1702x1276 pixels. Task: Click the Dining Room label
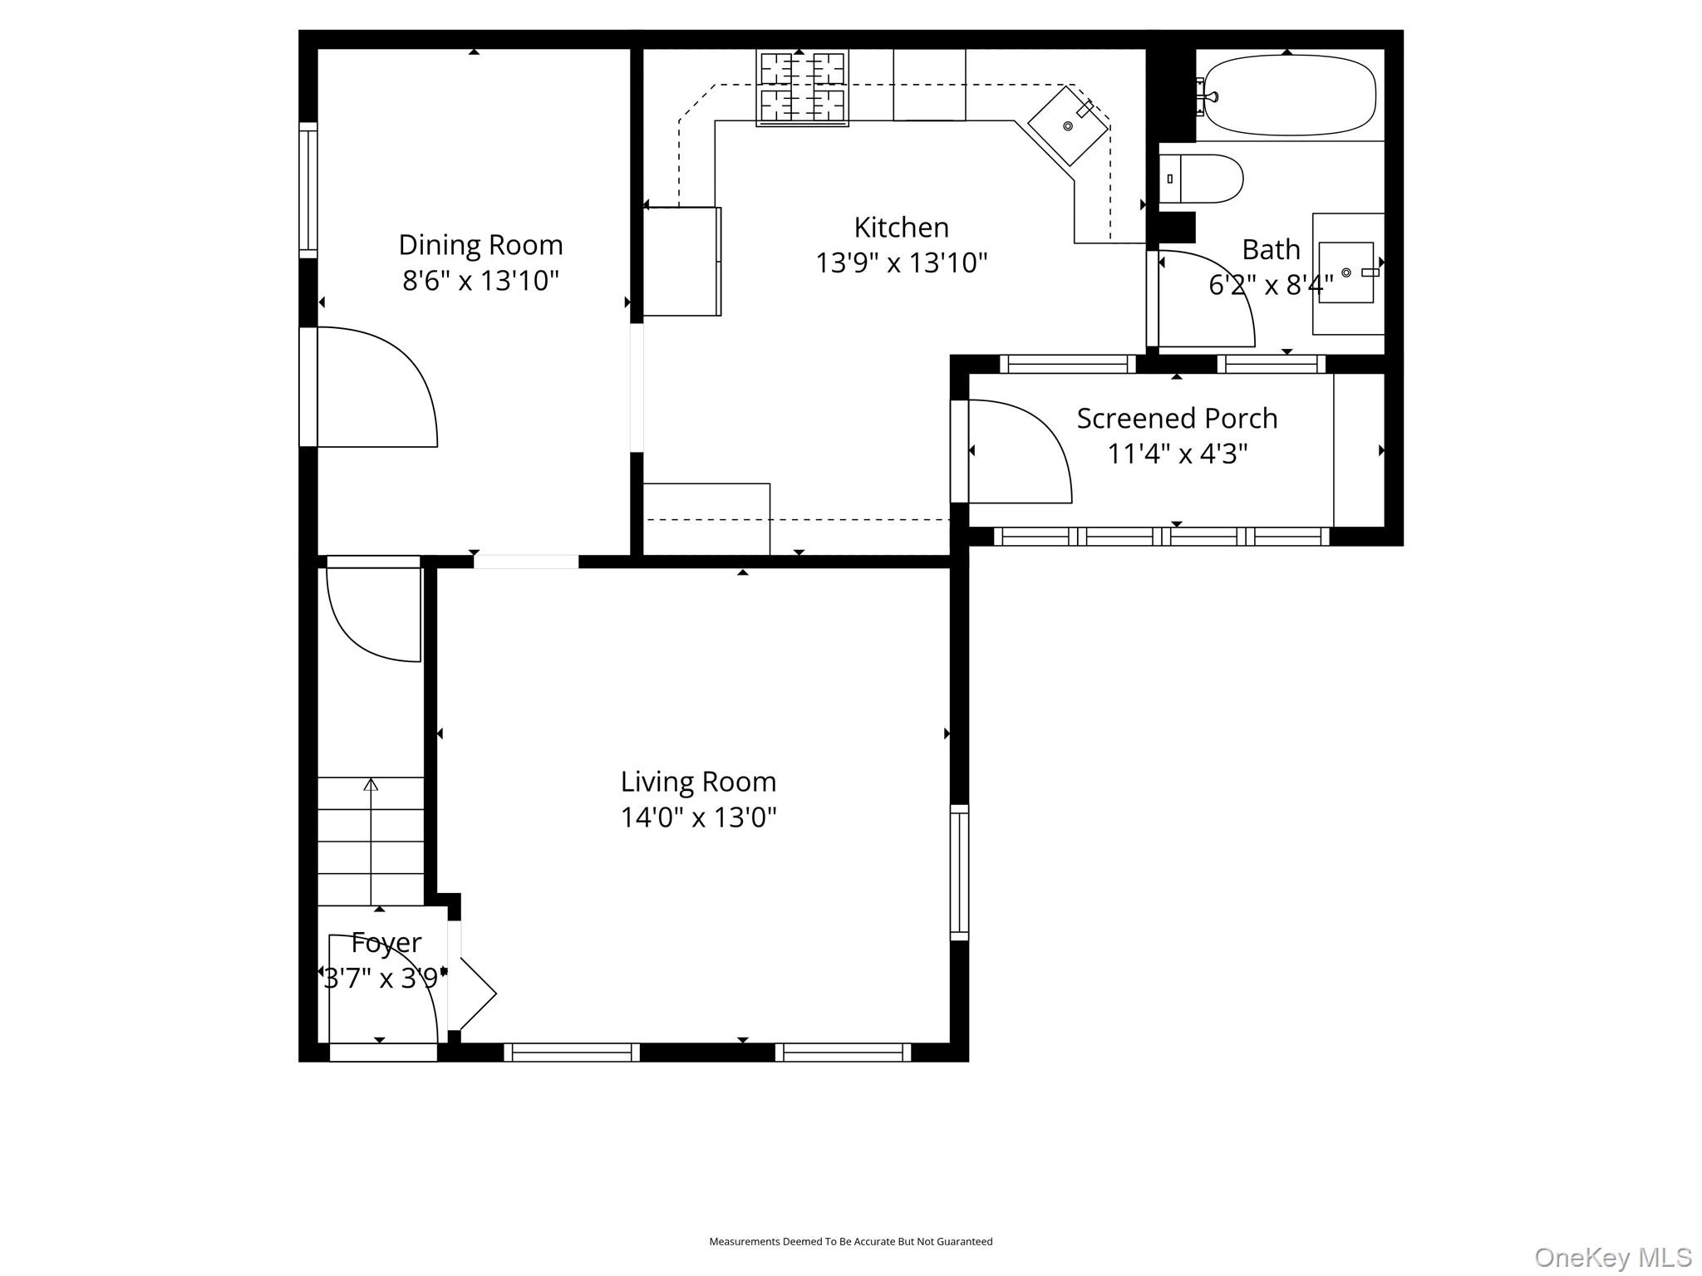point(480,245)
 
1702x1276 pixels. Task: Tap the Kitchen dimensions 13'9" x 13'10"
point(901,263)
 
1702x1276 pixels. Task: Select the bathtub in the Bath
point(1290,95)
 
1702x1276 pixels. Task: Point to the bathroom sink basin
point(1346,272)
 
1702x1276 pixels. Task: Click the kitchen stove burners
point(802,87)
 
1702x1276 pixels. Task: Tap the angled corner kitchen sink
point(1068,125)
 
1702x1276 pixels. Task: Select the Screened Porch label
point(1177,418)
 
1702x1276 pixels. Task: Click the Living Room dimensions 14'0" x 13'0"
point(698,817)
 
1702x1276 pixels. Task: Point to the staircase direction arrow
point(371,785)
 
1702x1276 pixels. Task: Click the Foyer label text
point(386,943)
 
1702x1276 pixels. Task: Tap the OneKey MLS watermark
point(1612,1258)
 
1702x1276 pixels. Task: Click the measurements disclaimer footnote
point(850,1241)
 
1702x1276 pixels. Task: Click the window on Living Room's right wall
point(959,872)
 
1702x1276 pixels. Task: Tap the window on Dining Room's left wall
point(308,190)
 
